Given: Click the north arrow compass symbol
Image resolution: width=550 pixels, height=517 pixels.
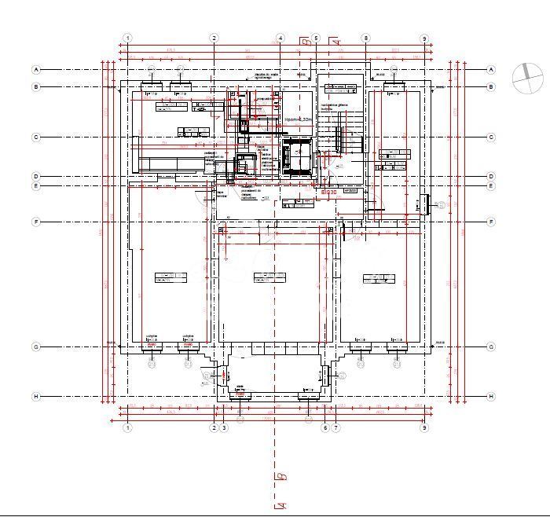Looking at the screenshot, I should [x=527, y=76].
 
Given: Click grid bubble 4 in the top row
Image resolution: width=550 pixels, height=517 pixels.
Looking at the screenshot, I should [x=280, y=38].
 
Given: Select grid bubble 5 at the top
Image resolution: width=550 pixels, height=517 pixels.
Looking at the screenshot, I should [x=316, y=38].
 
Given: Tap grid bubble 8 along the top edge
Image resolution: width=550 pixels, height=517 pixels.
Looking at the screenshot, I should [x=365, y=38].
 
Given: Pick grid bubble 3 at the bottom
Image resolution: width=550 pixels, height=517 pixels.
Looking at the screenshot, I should [x=224, y=427].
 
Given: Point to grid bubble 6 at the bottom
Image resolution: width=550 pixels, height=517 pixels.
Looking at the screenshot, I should [x=324, y=427].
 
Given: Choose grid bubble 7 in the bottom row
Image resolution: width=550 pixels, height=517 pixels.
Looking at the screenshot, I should [x=335, y=427].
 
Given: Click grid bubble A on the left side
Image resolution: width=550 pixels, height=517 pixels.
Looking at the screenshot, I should [x=35, y=69].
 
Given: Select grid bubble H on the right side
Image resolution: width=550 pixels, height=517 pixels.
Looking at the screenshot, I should [x=491, y=396].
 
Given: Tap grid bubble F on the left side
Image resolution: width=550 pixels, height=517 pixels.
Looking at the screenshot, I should [x=35, y=222].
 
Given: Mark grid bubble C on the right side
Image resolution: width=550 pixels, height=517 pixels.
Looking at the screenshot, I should [x=491, y=137].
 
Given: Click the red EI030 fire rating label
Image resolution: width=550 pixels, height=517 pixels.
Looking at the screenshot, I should [x=329, y=191].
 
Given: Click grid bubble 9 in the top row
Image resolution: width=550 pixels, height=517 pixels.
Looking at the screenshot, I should [x=424, y=38].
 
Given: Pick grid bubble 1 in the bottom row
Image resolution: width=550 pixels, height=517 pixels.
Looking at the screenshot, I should [x=128, y=427].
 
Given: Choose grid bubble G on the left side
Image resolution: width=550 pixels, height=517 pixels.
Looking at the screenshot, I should [x=35, y=346].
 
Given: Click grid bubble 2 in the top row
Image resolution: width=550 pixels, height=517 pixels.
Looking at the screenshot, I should [x=214, y=38].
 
